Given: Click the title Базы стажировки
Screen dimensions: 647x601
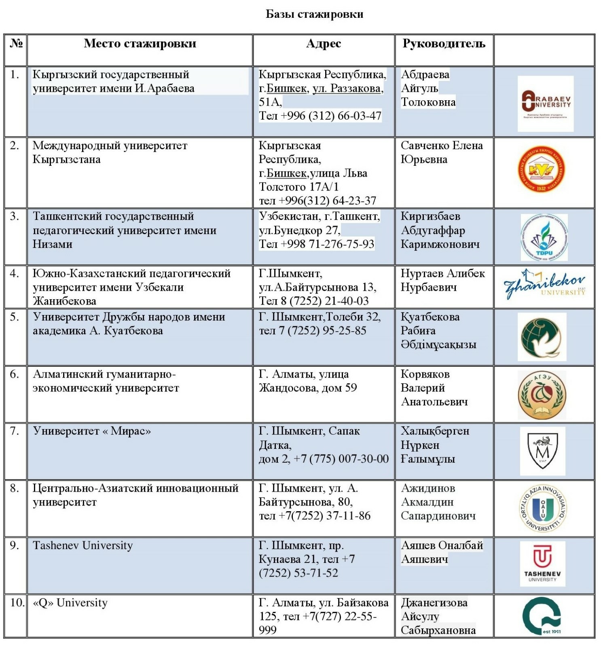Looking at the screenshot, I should pyautogui.click(x=314, y=14).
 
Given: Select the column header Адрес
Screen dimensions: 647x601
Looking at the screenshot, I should pyautogui.click(x=323, y=44).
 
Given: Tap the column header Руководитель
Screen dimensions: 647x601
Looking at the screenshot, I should pyautogui.click(x=444, y=44).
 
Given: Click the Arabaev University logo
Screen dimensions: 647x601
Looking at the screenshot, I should pyautogui.click(x=546, y=104).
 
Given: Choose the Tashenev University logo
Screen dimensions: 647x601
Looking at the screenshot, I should pyautogui.click(x=542, y=563).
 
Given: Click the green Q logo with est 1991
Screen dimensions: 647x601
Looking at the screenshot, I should pyautogui.click(x=542, y=616).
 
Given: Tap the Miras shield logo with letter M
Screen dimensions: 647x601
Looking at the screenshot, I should pyautogui.click(x=542, y=451).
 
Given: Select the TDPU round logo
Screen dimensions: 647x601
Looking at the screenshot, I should pyautogui.click(x=544, y=237).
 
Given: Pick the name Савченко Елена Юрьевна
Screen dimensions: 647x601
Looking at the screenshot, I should pyautogui.click(x=441, y=152).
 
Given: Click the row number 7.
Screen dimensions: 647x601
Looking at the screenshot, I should pyautogui.click(x=15, y=431).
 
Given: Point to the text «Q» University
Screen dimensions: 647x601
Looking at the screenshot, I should pyautogui.click(x=70, y=603).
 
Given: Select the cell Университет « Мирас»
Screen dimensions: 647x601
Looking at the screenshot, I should pyautogui.click(x=92, y=431).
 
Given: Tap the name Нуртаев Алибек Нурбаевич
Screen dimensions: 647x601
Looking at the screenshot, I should pyautogui.click(x=442, y=280).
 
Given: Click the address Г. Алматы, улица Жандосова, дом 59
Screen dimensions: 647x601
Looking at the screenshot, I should pyautogui.click(x=307, y=381).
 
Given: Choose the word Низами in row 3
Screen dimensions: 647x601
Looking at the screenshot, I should pyautogui.click(x=53, y=244).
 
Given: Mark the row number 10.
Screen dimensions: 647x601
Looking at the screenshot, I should pyautogui.click(x=17, y=603).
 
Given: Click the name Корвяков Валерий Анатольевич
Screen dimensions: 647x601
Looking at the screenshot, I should pyautogui.click(x=434, y=388).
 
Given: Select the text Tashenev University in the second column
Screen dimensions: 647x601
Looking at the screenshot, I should pyautogui.click(x=83, y=546).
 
